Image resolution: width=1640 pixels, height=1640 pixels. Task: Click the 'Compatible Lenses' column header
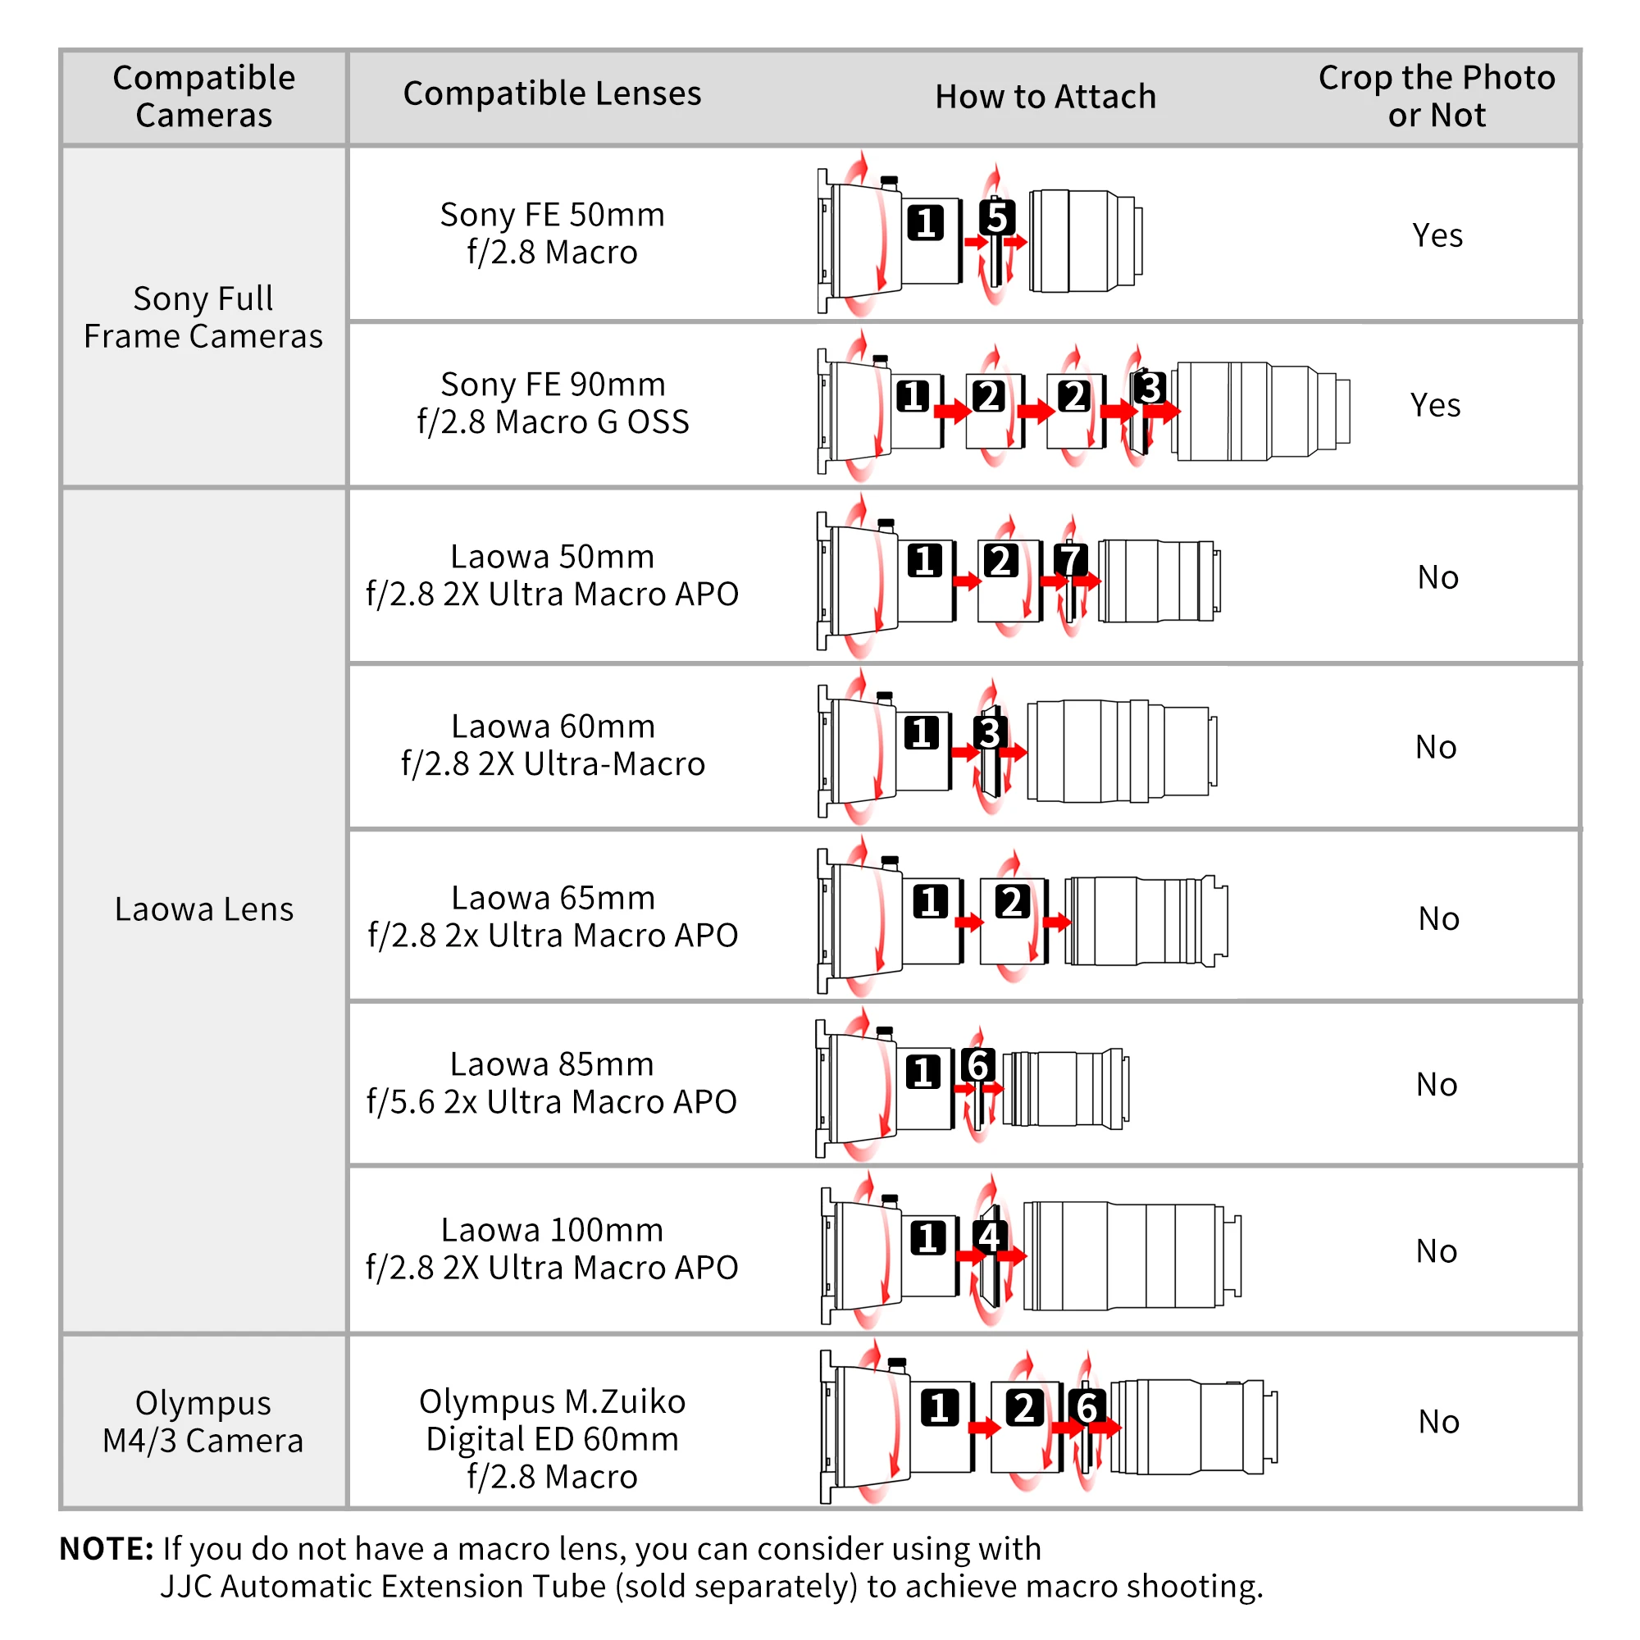tap(552, 93)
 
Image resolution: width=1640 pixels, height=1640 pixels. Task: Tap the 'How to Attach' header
tap(1045, 97)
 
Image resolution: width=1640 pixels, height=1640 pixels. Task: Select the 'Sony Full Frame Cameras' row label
tap(203, 317)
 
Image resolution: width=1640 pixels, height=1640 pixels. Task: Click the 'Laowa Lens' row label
tap(203, 909)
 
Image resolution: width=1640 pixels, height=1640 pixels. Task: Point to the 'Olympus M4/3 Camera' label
tap(203, 1422)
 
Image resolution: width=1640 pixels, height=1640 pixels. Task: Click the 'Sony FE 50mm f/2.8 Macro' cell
tap(552, 234)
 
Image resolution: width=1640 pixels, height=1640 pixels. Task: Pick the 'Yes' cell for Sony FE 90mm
tap(1436, 405)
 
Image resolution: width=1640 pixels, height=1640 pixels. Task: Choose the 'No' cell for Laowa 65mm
tap(1439, 918)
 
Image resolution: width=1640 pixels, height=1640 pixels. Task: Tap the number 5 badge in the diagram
tap(996, 217)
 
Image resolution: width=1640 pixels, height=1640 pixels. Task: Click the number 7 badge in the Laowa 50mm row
tap(1069, 560)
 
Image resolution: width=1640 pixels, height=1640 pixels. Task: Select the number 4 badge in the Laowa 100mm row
tap(990, 1237)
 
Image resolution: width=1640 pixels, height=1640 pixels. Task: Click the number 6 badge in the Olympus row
tap(1086, 1407)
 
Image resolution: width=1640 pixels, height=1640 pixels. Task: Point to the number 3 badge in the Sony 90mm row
tap(1150, 388)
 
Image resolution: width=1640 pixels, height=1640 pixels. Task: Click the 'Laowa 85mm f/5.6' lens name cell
tap(552, 1082)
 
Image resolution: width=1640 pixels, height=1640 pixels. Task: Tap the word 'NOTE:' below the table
tap(106, 1549)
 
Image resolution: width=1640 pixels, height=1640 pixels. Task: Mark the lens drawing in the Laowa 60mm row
tap(1121, 751)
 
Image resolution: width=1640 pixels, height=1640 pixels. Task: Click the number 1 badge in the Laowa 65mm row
tap(931, 901)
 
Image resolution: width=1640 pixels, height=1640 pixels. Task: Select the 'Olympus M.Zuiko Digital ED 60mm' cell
tap(552, 1439)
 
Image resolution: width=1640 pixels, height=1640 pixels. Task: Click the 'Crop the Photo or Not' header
tap(1437, 96)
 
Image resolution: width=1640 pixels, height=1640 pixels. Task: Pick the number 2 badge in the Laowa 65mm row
tap(1012, 901)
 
